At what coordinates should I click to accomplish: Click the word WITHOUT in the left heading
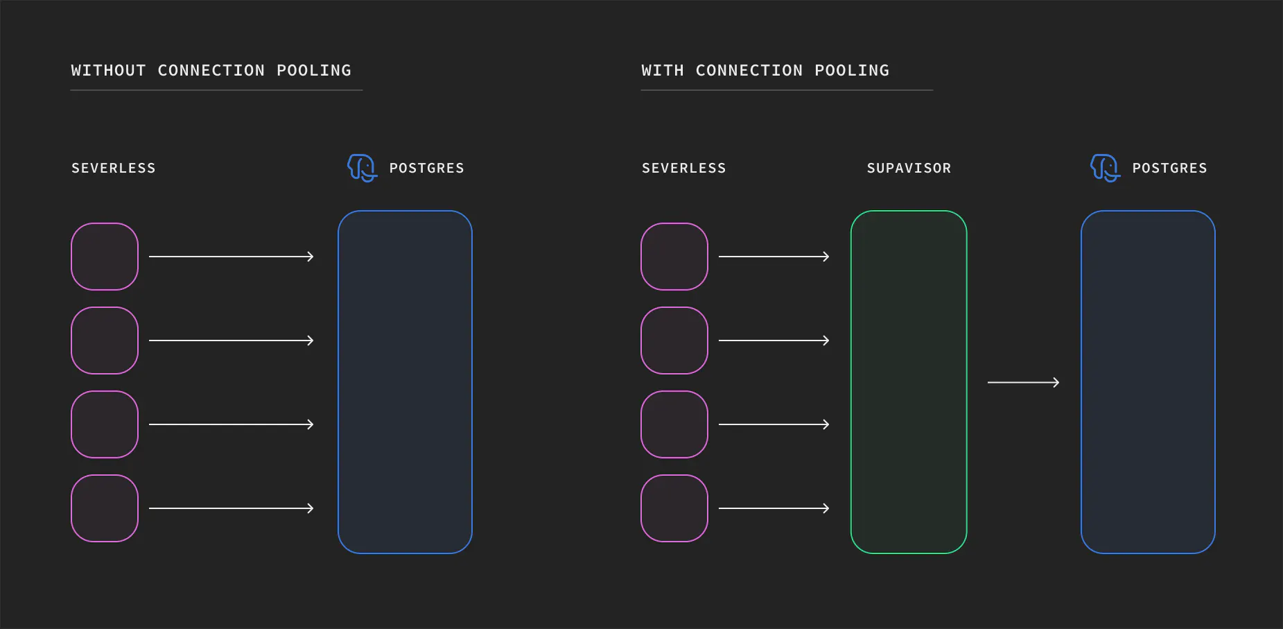coord(108,71)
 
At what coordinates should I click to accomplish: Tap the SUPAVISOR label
coord(909,168)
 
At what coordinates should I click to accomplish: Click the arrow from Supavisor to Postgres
coord(1023,382)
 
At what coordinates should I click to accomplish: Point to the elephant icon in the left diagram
coord(362,168)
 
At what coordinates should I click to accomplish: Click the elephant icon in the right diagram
coord(1105,168)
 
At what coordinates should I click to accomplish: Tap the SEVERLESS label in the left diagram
coord(114,168)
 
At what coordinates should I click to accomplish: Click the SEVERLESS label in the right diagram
coord(683,168)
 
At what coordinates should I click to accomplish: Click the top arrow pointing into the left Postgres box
coord(232,257)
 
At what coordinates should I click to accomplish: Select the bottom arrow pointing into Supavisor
coord(774,508)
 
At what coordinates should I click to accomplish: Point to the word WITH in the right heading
coord(663,71)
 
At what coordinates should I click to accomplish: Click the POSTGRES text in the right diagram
coord(1169,168)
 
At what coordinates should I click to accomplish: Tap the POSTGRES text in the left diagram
coord(426,168)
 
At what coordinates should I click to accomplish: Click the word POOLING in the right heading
coord(852,71)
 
